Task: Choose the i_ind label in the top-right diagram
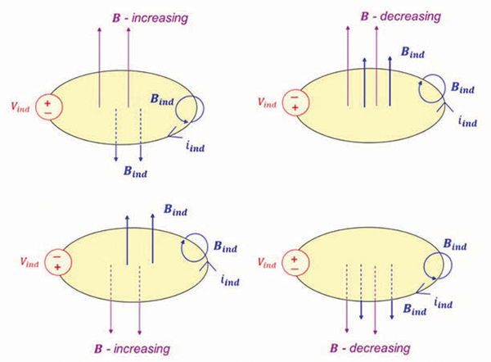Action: click(x=467, y=120)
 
